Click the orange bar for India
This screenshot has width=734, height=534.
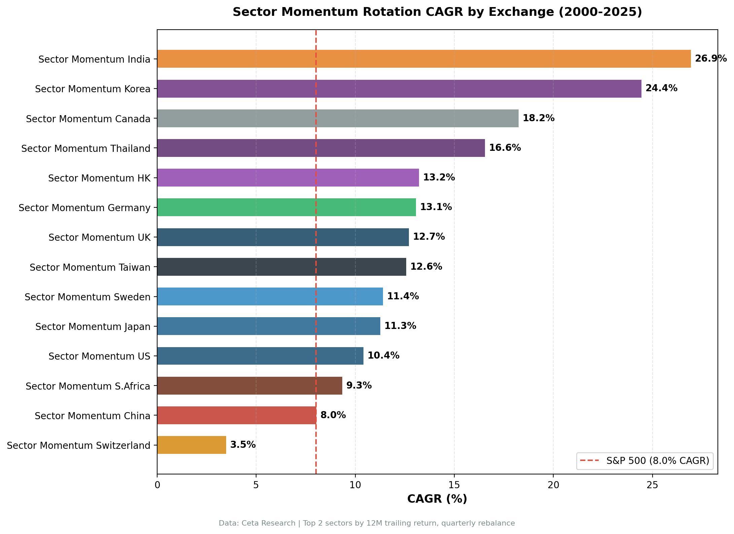pos(424,59)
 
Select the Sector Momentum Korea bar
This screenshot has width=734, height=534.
pos(399,89)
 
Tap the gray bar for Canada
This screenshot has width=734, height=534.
pos(338,118)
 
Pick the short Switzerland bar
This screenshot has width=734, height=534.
pos(191,445)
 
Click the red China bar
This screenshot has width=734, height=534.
pos(237,415)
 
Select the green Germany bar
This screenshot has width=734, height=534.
pos(286,207)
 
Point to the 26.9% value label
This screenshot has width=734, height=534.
pos(710,59)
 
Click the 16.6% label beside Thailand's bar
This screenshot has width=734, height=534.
pos(504,148)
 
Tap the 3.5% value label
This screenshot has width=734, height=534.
pos(243,445)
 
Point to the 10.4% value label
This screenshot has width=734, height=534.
pos(383,356)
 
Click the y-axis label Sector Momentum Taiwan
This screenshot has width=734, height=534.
pos(90,267)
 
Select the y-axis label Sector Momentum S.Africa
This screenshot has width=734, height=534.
pos(88,386)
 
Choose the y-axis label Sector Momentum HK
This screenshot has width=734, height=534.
pos(99,178)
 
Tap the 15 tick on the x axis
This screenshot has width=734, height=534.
pos(454,485)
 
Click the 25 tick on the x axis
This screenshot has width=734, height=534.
pos(652,485)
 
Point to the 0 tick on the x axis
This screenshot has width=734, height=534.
pos(157,485)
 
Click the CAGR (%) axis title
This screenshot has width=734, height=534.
pos(437,499)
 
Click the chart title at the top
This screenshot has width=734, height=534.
pos(437,12)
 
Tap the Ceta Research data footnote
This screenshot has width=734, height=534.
pos(366,523)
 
